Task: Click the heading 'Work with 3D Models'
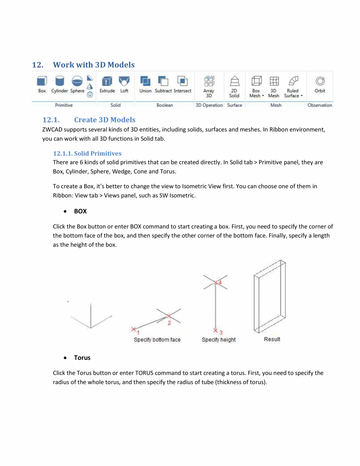(93, 65)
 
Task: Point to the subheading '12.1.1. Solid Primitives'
(87, 154)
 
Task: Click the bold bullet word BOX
(80, 211)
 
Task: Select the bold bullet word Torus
(82, 358)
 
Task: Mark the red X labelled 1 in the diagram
(134, 329)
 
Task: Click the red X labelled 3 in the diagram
(215, 330)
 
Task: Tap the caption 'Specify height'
(219, 340)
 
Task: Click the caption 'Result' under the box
(272, 339)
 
